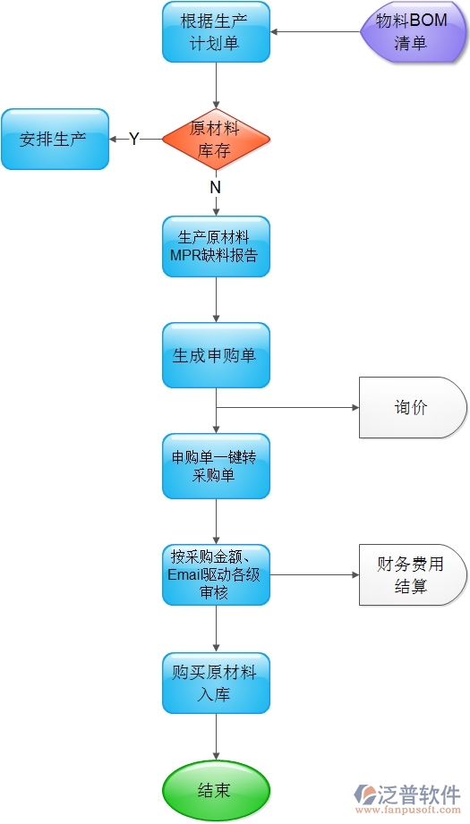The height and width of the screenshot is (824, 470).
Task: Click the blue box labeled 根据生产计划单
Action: coord(216,32)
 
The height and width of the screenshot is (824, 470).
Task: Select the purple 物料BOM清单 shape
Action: coord(413,32)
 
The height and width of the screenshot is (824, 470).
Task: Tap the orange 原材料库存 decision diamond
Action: coord(216,140)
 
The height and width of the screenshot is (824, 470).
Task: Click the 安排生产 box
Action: coord(55,140)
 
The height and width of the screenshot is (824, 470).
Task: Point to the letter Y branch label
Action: coord(134,140)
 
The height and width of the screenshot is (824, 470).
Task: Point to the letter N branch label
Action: coord(215,188)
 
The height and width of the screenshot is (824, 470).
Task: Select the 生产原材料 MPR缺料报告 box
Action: coord(216,247)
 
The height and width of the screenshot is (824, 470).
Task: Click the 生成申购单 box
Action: coord(216,355)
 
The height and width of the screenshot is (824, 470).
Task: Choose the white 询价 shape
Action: coord(412,408)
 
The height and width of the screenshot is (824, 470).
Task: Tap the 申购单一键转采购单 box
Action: coord(216,466)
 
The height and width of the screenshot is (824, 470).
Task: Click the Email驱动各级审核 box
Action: coord(216,574)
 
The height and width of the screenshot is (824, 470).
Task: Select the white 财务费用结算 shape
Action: coord(412,575)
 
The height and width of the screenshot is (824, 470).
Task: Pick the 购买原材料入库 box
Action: coord(216,683)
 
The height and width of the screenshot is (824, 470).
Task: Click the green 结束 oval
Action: coord(216,790)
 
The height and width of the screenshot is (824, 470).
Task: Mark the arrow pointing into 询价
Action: coord(286,408)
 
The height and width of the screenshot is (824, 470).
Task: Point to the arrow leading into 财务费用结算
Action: coord(313,574)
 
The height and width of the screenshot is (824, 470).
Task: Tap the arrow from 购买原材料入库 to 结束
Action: coord(216,737)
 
